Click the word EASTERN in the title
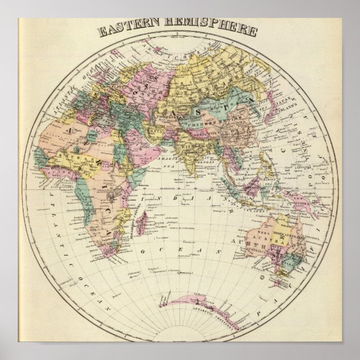tap(127, 29)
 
